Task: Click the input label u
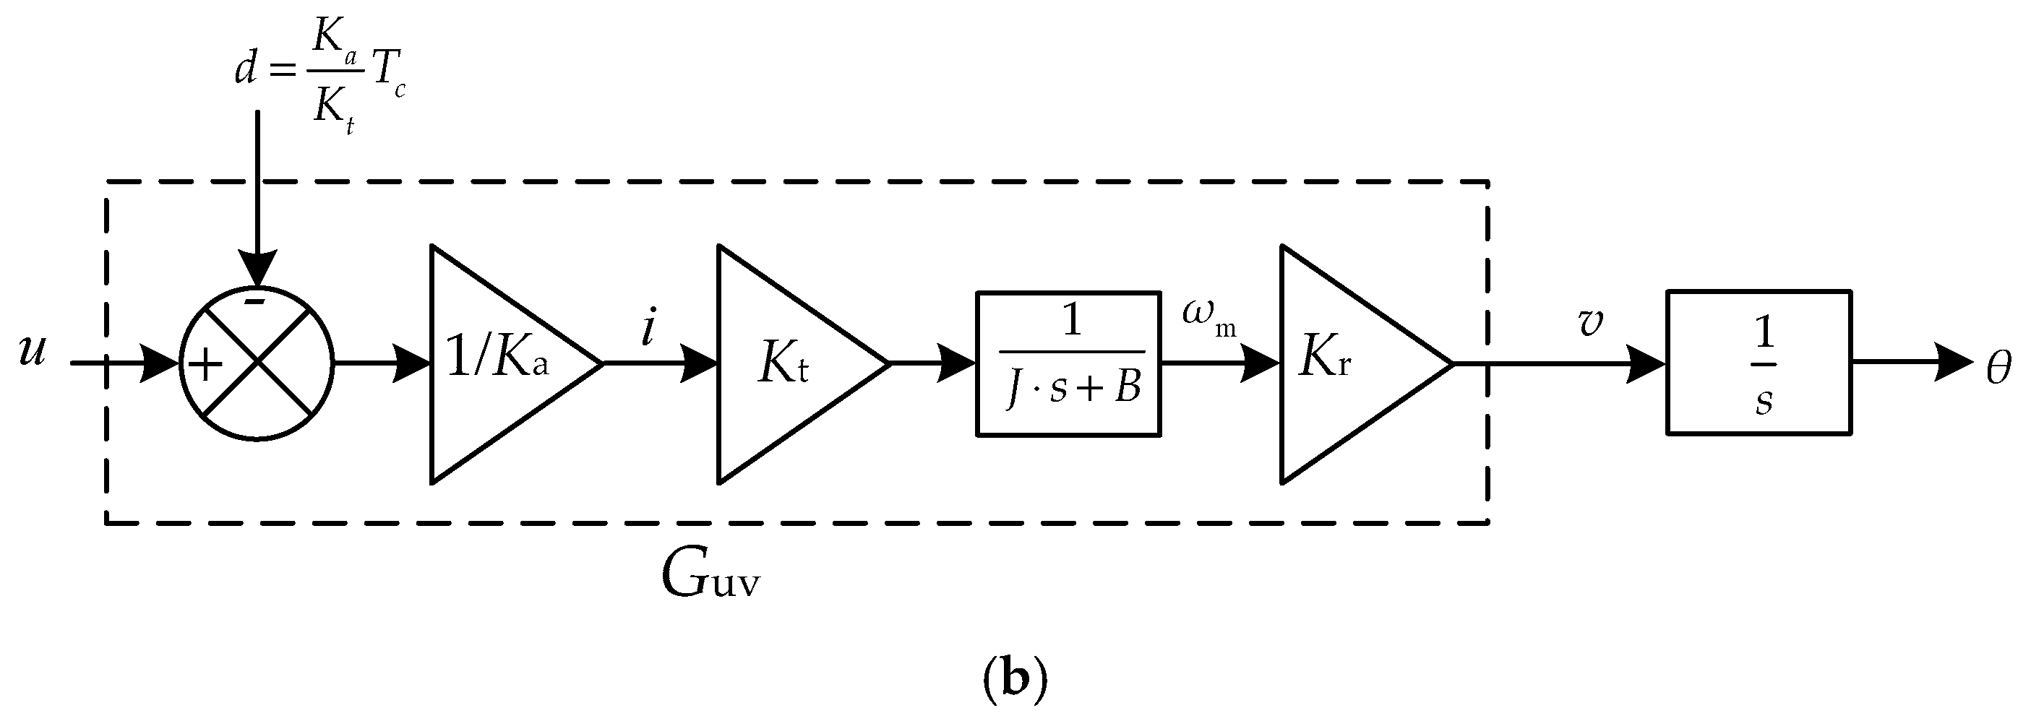tap(33, 350)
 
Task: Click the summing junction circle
tap(257, 363)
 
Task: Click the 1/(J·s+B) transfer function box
tap(1069, 363)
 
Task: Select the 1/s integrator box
tap(1759, 363)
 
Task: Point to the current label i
tap(648, 329)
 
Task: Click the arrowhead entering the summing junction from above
tap(257, 269)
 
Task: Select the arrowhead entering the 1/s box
tap(1646, 363)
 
